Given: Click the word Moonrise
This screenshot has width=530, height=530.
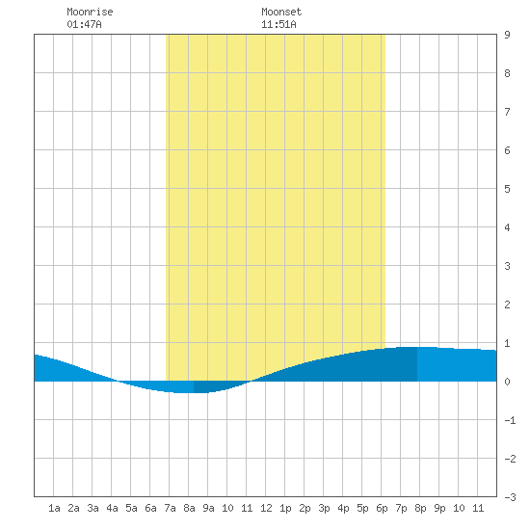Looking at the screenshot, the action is point(90,12).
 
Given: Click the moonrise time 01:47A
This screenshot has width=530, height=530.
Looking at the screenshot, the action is point(84,24).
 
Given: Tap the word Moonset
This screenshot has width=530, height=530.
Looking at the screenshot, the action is point(281,12).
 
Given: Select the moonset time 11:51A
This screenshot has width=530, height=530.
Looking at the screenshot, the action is point(278,24).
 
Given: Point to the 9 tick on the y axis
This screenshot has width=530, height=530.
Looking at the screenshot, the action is point(507,35).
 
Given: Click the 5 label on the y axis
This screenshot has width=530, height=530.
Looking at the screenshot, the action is point(507,189).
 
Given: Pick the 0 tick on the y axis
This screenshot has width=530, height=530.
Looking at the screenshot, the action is point(507,382).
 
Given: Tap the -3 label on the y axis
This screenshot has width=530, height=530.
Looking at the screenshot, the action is point(510,497).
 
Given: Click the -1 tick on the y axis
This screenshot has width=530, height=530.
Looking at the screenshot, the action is point(510,420).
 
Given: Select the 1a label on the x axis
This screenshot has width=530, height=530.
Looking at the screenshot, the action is point(54,508).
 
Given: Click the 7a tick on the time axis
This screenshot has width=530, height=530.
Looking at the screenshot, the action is point(170,508).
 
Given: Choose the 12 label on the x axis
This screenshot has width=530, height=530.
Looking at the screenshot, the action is point(266,508).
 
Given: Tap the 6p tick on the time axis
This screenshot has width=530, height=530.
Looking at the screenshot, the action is point(382,508).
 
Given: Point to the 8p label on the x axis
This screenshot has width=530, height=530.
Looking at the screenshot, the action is point(420,508).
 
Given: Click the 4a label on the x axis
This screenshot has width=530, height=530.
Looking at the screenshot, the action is point(112,508).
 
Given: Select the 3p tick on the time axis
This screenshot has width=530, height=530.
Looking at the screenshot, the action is point(324,508).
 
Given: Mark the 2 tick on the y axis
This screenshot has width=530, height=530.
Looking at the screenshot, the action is point(507,305).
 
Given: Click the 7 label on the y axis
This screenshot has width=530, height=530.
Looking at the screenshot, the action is point(507,112).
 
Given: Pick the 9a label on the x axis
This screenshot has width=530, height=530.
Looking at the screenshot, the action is point(208,508).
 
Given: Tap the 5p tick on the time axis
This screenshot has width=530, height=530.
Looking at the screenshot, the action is point(362,508).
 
